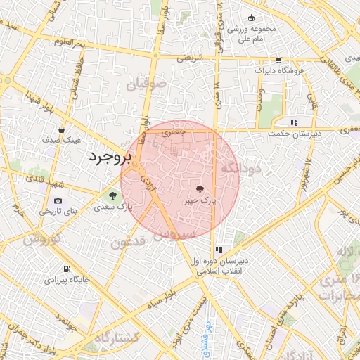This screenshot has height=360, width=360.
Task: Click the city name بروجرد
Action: click(106, 157)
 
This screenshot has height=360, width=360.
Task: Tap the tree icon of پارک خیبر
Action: click(200, 189)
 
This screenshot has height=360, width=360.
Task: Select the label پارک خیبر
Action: click(198, 200)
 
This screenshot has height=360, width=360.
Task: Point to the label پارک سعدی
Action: click(115, 207)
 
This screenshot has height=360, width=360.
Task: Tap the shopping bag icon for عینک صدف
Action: click(63, 129)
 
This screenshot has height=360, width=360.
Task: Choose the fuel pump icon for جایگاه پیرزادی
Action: click(66, 269)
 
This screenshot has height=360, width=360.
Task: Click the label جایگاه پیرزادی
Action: click(69, 280)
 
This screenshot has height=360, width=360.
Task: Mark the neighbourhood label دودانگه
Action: click(240, 168)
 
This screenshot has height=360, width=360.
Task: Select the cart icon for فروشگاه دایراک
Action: click(278, 60)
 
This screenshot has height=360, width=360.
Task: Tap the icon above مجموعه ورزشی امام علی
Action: click(251, 18)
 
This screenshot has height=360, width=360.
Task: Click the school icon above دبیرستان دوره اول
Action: click(219, 250)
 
